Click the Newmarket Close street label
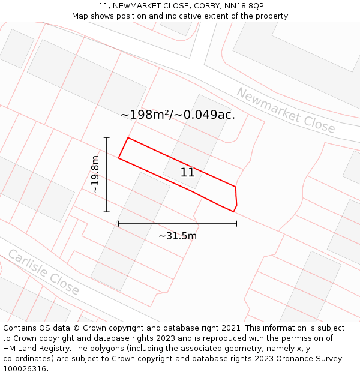[286, 110]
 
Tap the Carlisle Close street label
[43, 272]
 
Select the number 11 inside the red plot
[188, 173]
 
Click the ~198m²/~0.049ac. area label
[178, 115]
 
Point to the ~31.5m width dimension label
[178, 236]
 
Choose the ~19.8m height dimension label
[95, 175]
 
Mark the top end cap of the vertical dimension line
[107, 137]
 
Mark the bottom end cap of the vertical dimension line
[107, 212]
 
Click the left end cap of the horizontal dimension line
[118, 224]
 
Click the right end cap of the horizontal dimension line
[236, 224]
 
